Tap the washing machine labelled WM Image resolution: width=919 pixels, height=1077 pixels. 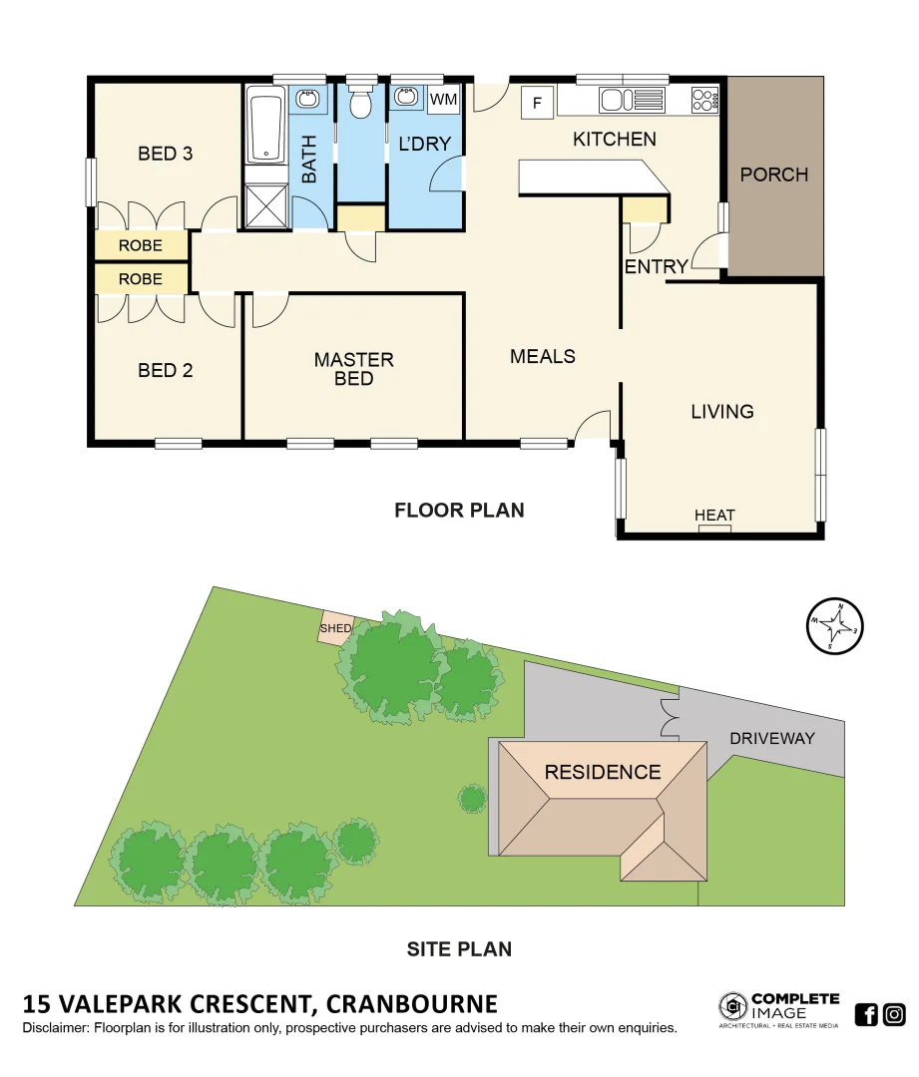tap(443, 100)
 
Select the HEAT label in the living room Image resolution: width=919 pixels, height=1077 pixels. tap(714, 516)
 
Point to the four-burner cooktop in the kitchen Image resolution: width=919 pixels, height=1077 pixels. tap(704, 100)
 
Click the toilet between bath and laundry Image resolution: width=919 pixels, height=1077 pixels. tap(361, 102)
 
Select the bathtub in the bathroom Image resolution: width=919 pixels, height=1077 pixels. tap(265, 126)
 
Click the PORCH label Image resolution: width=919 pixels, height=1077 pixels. tap(773, 175)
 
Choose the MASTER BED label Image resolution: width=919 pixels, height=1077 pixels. tap(354, 368)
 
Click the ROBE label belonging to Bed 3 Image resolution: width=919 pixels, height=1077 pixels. tap(141, 245)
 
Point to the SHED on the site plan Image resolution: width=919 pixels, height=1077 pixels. tap(334, 629)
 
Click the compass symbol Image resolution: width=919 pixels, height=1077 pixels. tap(834, 627)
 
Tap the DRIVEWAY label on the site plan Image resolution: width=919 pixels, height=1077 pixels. tap(771, 739)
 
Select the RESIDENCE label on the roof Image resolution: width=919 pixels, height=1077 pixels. tap(602, 772)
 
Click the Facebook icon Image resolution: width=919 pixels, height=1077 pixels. tap(866, 1014)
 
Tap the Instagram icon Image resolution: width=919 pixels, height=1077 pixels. tap(894, 1014)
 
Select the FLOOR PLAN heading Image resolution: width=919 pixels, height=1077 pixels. tap(459, 511)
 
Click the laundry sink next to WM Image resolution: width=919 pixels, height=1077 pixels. tap(407, 98)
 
